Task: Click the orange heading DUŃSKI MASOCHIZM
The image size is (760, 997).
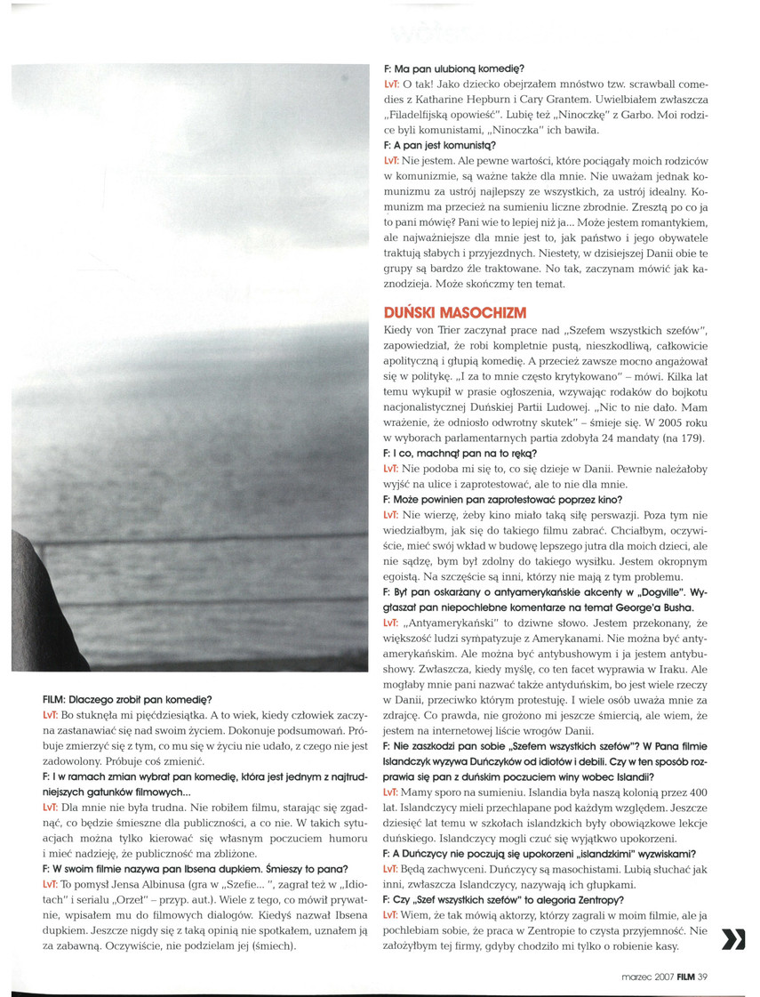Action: click(454, 312)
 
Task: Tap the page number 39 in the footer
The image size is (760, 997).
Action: click(702, 980)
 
